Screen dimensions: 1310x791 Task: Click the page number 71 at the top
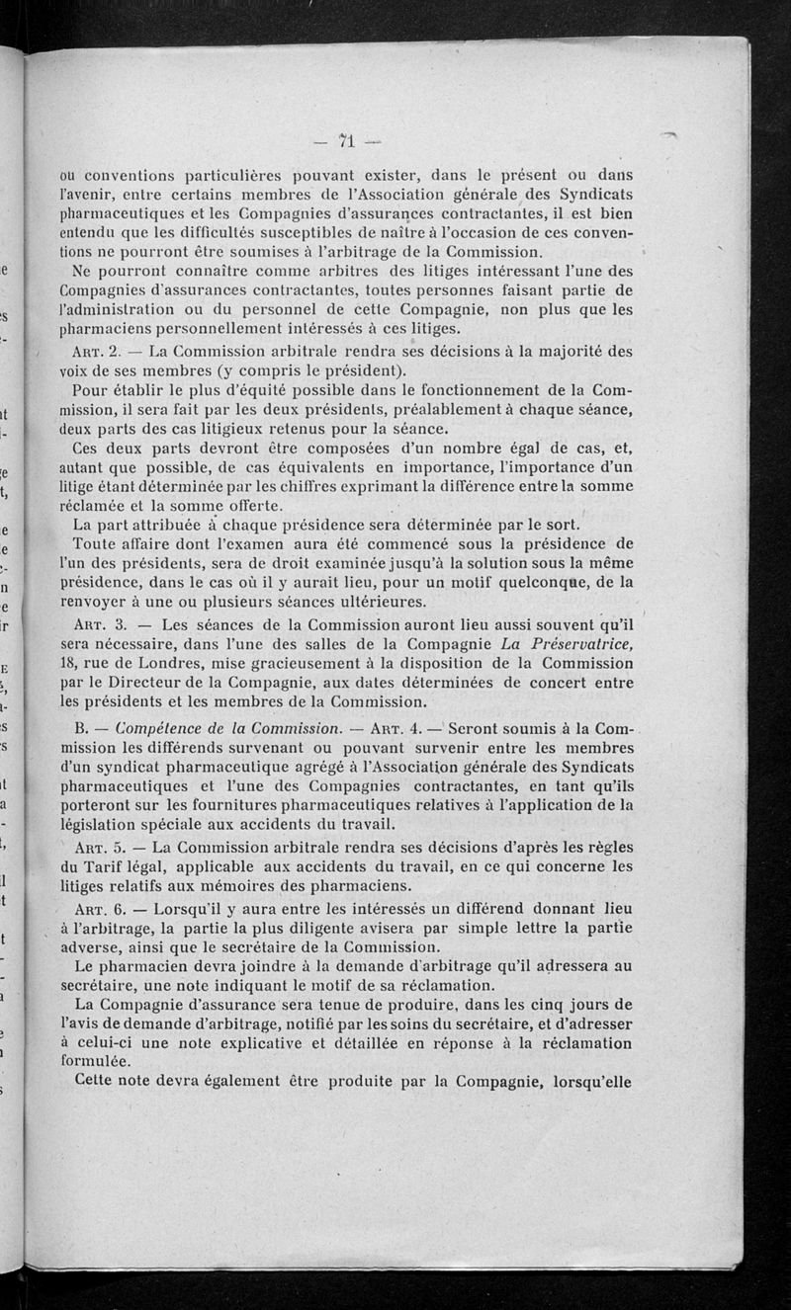pos(346,135)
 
